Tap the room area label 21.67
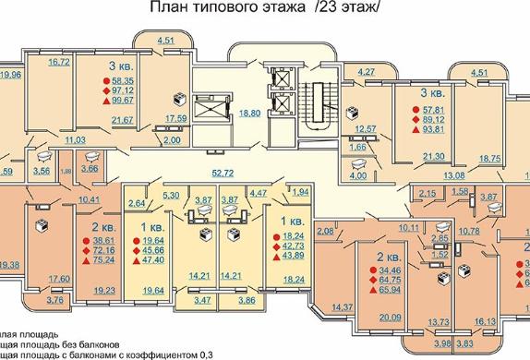pos(121,120)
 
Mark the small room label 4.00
pos(359,174)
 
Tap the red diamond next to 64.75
pos(370,278)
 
